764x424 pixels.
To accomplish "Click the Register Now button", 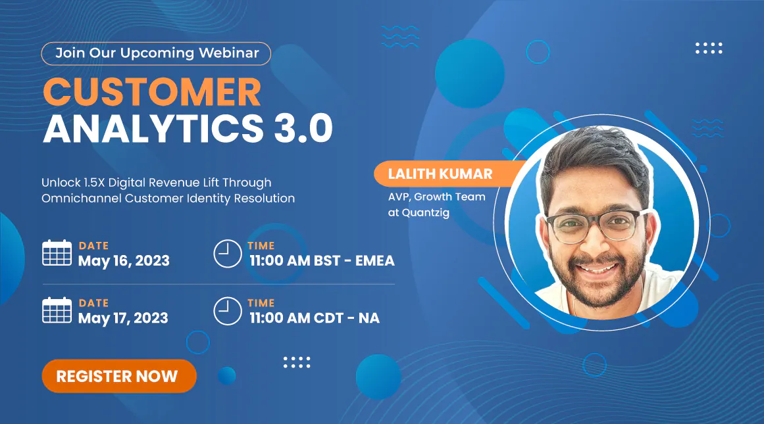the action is coord(119,376).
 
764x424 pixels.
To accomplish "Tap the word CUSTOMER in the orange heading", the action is coord(153,91).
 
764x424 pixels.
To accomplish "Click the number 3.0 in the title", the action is coord(303,128).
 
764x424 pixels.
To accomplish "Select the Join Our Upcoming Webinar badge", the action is coord(156,53).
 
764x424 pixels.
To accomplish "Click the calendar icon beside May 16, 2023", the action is coord(57,252).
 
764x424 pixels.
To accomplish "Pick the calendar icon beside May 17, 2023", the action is coord(57,310).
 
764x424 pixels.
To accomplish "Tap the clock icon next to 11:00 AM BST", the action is coord(228,254).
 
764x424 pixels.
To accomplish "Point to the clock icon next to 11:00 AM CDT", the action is coord(228,311).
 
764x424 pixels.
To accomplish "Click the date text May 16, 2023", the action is coord(124,261).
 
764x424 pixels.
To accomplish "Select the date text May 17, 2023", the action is coord(123,318).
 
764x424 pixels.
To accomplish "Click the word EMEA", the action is coord(374,261).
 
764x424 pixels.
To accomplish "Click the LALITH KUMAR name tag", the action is coord(444,174).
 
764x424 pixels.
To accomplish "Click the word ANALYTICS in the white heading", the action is coord(153,128).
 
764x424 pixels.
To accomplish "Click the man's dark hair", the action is coord(594,156).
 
